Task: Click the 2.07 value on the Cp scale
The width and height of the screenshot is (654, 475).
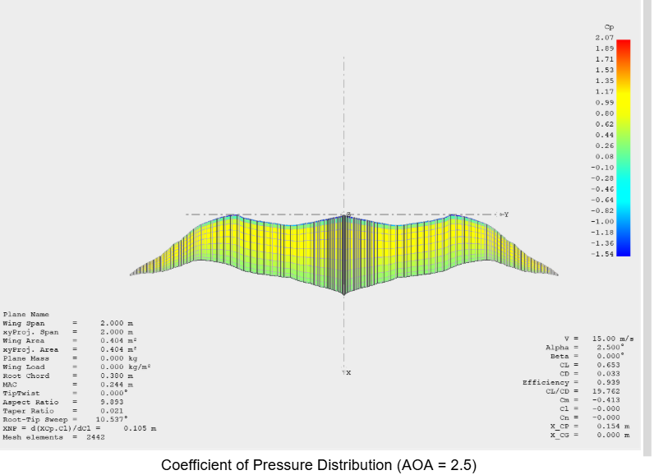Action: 604,38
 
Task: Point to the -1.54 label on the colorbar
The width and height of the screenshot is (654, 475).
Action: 603,254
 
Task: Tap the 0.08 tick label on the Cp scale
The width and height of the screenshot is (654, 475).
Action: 604,156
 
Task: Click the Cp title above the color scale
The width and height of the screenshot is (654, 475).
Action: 608,27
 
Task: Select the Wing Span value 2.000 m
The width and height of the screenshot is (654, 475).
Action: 117,323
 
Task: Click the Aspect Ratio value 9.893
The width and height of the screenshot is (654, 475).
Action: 112,402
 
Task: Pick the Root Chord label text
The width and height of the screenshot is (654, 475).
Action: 24,376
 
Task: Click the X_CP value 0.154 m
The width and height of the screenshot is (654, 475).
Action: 612,427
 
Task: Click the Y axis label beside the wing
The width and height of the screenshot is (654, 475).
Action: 506,214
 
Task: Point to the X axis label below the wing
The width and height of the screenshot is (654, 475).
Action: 348,373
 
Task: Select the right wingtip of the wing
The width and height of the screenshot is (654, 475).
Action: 558,274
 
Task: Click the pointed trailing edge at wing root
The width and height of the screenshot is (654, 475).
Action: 344,294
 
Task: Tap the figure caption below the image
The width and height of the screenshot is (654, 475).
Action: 318,464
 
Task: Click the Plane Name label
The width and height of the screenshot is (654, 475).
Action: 26,314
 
